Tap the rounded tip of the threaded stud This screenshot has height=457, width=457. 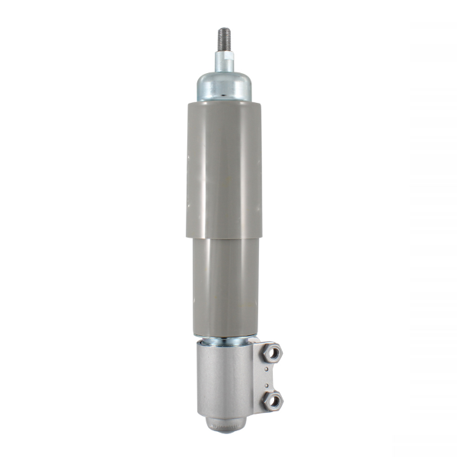(x=225, y=29)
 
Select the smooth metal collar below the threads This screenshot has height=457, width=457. (x=225, y=61)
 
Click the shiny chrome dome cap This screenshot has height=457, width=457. (x=225, y=85)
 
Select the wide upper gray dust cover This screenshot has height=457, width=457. (x=225, y=168)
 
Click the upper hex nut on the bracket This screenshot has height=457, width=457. (x=273, y=353)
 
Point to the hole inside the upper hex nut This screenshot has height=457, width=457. (x=273, y=353)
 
